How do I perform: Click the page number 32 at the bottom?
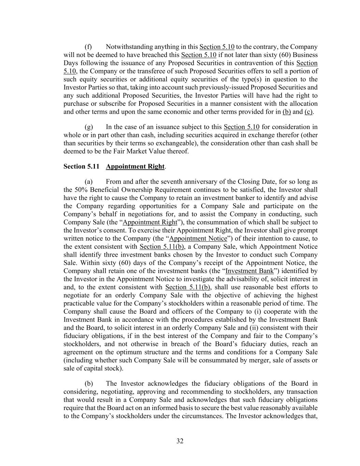pyautogui.click(x=180, y=441)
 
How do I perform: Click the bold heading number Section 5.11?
pyautogui.click(x=81, y=167)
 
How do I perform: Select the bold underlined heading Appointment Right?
pyautogui.click(x=135, y=167)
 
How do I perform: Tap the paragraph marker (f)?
pyautogui.click(x=88, y=47)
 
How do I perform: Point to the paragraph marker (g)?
pyautogui.click(x=88, y=127)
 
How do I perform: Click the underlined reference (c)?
pyautogui.click(x=308, y=112)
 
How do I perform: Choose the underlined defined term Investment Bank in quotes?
pyautogui.click(x=250, y=271)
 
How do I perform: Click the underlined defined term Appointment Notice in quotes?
pyautogui.click(x=198, y=239)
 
